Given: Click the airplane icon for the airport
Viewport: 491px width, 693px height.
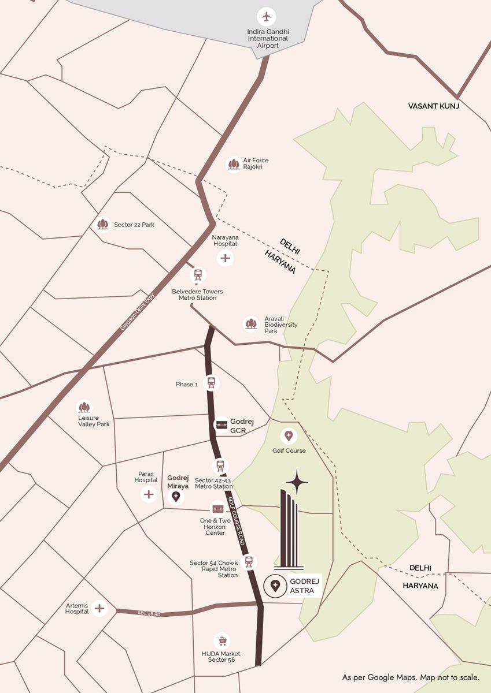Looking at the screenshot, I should tap(266, 16).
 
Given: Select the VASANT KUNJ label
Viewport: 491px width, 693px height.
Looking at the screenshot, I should tap(433, 106).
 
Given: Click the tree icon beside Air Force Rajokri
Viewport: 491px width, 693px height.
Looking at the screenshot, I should tap(234, 165).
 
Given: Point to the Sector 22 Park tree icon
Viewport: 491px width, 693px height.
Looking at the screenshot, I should tap(104, 224).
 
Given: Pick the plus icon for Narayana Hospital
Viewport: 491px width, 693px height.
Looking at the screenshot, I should tap(225, 258).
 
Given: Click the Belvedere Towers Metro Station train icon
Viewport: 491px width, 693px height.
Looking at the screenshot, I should tap(198, 275).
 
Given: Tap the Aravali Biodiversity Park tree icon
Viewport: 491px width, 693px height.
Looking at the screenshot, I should tap(251, 324).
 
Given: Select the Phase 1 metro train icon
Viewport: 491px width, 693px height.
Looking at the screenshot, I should tap(211, 383).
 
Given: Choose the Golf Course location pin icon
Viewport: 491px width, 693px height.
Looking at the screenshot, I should tap(288, 436).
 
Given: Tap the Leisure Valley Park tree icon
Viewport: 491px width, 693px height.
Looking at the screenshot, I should tap(84, 408).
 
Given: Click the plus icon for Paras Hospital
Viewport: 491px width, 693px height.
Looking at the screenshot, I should tap(149, 494).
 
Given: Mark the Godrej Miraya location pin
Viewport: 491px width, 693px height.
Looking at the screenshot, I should tap(176, 496).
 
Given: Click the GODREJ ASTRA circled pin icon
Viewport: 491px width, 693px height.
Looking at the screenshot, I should tap(275, 586).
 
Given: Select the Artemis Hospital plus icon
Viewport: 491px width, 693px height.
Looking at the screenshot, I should tap(99, 608).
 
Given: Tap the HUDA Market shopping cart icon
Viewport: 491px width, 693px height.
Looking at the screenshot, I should tap(221, 640).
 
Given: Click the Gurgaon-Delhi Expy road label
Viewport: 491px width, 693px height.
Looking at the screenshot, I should tap(138, 312).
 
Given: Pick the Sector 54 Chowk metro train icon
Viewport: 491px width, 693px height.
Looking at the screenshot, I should tap(249, 561).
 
